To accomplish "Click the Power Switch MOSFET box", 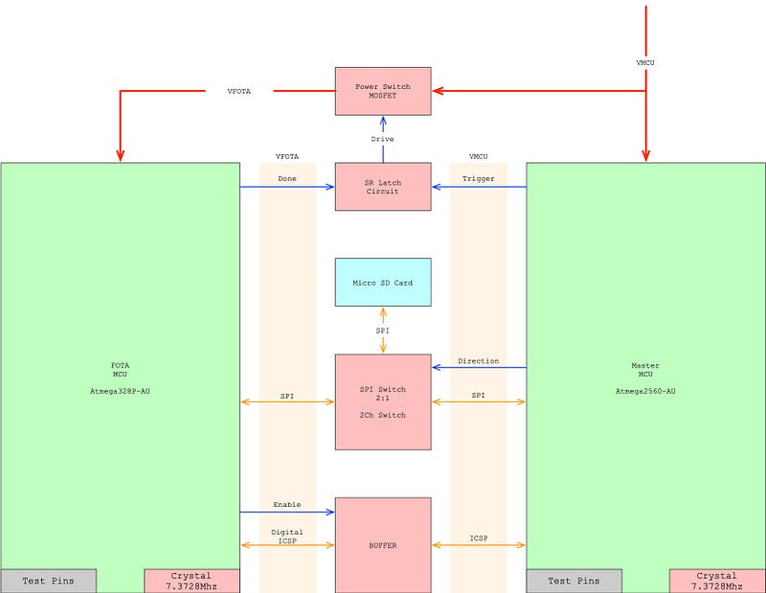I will (383, 91).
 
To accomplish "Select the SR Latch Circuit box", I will (383, 186).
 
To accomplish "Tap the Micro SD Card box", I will (383, 282).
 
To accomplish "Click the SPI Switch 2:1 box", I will (383, 401).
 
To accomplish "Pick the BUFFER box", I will (383, 544).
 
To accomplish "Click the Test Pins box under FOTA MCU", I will (48, 581).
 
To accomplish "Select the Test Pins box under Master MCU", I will (574, 581).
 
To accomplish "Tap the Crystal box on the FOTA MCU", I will (191, 581).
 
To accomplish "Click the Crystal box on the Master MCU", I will (717, 581).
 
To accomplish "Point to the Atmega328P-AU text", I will (120, 391).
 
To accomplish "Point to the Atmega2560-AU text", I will (645, 391).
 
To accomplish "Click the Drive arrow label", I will (383, 139).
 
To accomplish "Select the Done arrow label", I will (287, 178).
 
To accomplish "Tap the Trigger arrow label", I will (479, 178).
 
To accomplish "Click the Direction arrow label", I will (479, 361).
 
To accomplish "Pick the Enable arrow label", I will (287, 504).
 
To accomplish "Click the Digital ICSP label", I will (287, 537).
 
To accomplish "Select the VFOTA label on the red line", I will (239, 91).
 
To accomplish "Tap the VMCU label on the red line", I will (646, 62).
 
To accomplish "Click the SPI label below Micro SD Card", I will (383, 331).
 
